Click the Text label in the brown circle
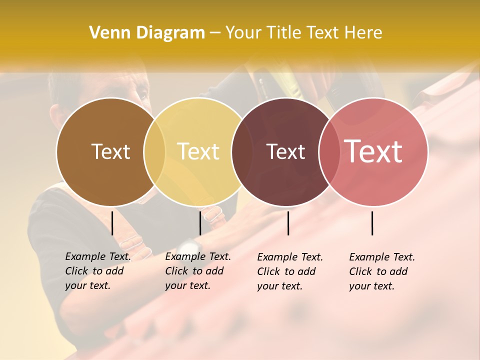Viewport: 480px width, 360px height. [x=110, y=151]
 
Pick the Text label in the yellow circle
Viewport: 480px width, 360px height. [x=198, y=151]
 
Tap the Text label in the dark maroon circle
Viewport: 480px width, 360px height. [x=285, y=151]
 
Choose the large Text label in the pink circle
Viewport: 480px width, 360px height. [x=373, y=151]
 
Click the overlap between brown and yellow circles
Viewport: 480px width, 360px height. [x=154, y=151]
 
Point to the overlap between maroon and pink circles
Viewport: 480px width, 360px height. [x=328, y=151]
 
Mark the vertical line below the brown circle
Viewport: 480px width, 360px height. [x=112, y=223]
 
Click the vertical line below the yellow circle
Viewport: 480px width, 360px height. [x=200, y=223]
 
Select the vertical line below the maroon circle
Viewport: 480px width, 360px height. [x=288, y=223]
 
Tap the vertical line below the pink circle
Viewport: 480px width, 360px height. [x=372, y=223]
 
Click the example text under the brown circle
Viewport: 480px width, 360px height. [x=97, y=271]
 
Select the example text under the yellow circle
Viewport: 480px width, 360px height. [x=197, y=271]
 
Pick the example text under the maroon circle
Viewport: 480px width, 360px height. [x=289, y=271]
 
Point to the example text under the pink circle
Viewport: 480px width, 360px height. [x=381, y=271]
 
